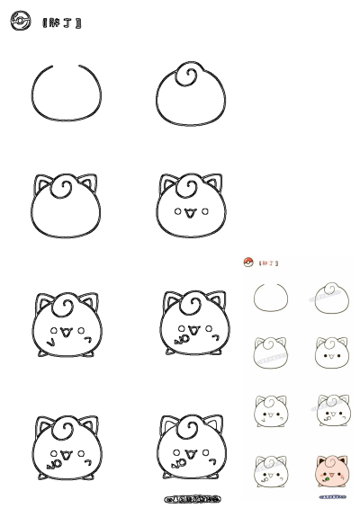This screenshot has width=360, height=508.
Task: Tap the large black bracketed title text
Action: tap(62, 22)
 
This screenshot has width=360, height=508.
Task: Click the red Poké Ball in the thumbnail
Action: tap(248, 263)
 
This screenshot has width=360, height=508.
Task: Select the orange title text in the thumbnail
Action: tap(269, 263)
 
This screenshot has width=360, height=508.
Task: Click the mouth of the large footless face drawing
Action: tap(190, 213)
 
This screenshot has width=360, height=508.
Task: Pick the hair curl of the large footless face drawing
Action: tap(187, 187)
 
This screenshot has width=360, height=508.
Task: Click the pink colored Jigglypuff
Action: tap(331, 471)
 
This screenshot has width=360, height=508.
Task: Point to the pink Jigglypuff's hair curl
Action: tap(330, 460)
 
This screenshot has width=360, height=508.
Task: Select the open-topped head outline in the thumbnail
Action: tap(269, 298)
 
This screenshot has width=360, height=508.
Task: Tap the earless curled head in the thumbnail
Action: tap(330, 296)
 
